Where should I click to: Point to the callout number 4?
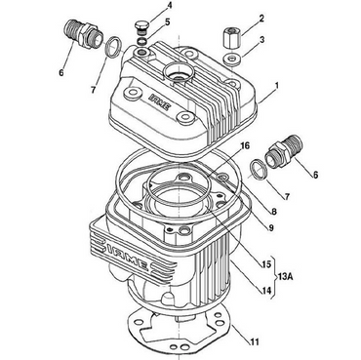(x=169, y=6)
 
